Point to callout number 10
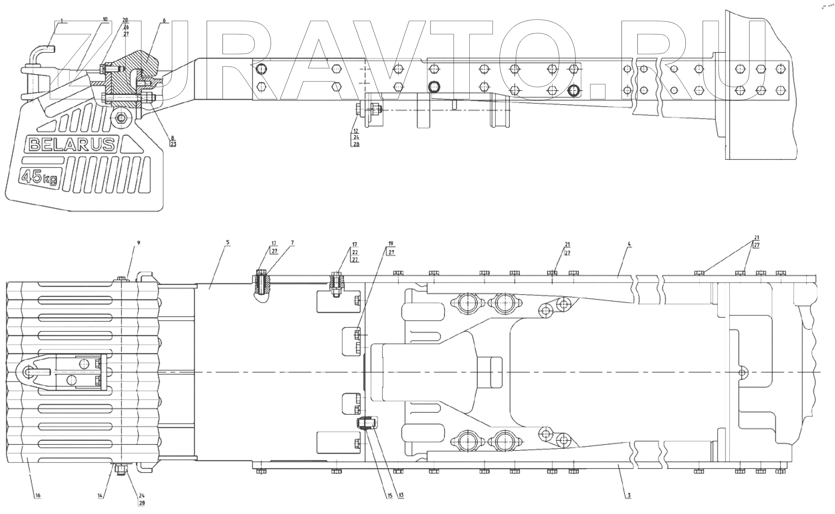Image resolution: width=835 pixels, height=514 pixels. [x=105, y=19]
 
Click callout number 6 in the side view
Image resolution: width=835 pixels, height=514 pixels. [x=165, y=20]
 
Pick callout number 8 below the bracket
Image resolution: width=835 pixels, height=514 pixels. [x=172, y=138]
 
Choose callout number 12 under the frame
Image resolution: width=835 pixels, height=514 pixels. [x=356, y=131]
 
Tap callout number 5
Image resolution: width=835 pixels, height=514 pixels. [x=228, y=242]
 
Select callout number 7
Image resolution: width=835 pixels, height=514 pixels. [x=292, y=242]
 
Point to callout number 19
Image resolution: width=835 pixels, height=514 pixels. [x=390, y=243]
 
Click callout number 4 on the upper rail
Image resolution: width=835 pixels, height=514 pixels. [x=629, y=244]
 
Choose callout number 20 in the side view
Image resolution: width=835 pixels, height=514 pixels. [x=126, y=19]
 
